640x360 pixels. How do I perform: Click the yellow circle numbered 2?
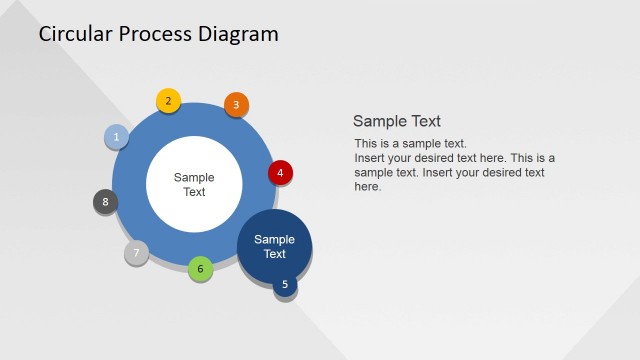tap(168, 101)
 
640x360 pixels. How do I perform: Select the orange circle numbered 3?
tap(236, 104)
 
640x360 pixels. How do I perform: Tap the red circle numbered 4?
tap(280, 172)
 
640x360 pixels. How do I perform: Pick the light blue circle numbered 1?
tap(116, 137)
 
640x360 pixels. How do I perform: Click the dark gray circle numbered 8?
tap(105, 202)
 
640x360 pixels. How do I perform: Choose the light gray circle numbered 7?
tap(136, 252)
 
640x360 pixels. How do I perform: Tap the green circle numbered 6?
tap(200, 268)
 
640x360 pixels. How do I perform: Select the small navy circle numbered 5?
tap(285, 285)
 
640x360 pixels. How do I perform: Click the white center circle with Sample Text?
tap(194, 184)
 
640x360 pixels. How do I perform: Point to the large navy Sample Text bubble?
tap(274, 246)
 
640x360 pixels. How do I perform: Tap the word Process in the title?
tap(157, 34)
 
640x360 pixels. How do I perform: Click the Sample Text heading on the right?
tap(397, 121)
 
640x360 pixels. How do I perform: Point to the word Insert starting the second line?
tap(370, 158)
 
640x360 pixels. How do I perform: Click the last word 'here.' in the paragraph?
tap(368, 186)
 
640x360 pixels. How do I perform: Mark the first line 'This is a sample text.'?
tap(410, 144)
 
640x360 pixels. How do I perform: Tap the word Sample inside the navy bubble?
tap(274, 239)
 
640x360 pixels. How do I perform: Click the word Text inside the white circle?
tap(194, 192)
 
